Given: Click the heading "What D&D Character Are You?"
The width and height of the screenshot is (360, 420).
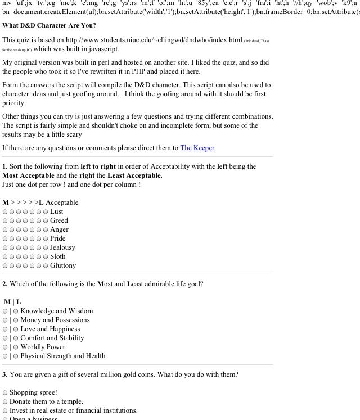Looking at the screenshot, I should click(49, 25).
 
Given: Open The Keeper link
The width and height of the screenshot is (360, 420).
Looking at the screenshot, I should click(197, 148).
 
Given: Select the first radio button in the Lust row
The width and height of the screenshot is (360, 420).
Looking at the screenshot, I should click(6, 212).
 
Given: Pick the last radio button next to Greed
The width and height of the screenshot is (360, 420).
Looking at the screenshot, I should click(46, 221).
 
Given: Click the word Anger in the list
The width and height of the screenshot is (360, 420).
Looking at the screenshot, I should click(59, 229).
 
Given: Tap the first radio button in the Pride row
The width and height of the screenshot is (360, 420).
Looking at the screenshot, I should click(6, 239).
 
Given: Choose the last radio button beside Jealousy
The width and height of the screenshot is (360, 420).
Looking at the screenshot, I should click(46, 248).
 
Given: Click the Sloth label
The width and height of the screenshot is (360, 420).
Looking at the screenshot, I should click(57, 256).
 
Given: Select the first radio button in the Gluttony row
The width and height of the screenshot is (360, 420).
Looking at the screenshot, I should click(6, 266).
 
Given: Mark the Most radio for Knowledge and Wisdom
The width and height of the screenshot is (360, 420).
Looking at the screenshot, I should click(6, 311).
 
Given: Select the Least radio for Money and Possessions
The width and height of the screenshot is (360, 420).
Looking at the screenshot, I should click(16, 320).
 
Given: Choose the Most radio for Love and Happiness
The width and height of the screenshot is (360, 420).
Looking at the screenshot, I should click(6, 329).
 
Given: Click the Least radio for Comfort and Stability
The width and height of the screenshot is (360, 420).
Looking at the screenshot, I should click(16, 338).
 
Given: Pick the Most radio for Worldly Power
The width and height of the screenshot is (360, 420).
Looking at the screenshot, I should click(6, 347).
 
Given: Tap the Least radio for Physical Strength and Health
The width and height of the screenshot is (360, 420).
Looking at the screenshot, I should click(16, 356).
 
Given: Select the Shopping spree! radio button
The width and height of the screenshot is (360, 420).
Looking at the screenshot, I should click(5, 393).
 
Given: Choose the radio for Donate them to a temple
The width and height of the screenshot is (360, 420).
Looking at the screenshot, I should click(5, 402).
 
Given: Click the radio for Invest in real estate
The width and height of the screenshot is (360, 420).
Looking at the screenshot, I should click(5, 411).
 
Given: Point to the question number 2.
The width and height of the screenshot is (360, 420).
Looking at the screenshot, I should click(4, 284).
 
